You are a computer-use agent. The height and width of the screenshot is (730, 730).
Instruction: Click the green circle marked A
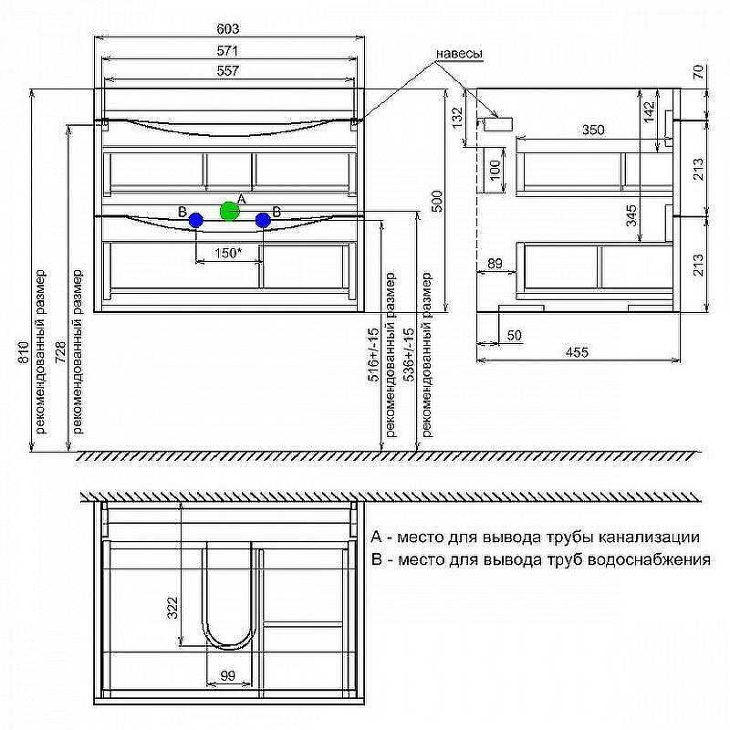[230, 212]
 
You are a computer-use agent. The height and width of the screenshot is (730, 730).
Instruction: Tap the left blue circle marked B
[196, 220]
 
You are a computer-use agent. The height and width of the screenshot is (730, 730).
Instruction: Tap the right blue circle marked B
[263, 220]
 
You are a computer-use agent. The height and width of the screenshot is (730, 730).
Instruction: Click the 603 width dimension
[228, 29]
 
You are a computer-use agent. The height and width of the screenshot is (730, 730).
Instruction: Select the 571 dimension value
[227, 50]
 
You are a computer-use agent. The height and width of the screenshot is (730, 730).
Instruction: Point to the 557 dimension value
[227, 71]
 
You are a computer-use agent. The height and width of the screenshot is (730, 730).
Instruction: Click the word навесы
[459, 54]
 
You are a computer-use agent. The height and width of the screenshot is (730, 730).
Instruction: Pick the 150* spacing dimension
[228, 254]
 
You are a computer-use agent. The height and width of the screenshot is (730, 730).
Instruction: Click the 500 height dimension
[438, 201]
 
